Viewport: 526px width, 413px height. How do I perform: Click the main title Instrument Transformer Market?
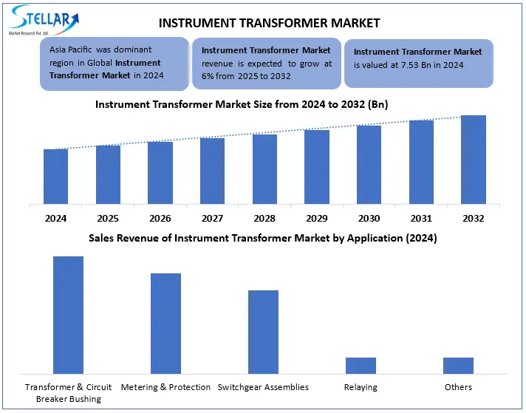269,23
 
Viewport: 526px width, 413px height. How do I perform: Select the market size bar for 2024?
55,176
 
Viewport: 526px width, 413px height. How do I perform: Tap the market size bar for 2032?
473,159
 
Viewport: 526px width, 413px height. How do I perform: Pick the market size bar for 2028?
264,168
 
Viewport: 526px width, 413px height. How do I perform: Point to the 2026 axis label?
160,219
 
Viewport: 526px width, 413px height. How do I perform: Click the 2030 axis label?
369,219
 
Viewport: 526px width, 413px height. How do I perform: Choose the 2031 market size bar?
421,162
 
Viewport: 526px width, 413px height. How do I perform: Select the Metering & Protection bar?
165,323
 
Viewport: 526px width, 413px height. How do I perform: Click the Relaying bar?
361,365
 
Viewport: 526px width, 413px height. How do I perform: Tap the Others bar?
458,365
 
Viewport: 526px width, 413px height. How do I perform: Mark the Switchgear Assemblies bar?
263,332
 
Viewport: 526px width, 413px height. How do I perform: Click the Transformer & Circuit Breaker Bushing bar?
68,315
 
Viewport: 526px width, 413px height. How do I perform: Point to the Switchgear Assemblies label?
262,387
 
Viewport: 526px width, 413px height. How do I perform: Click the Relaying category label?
361,387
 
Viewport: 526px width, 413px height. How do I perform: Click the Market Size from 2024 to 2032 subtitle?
242,104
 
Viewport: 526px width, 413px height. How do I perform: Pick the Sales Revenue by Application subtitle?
262,238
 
